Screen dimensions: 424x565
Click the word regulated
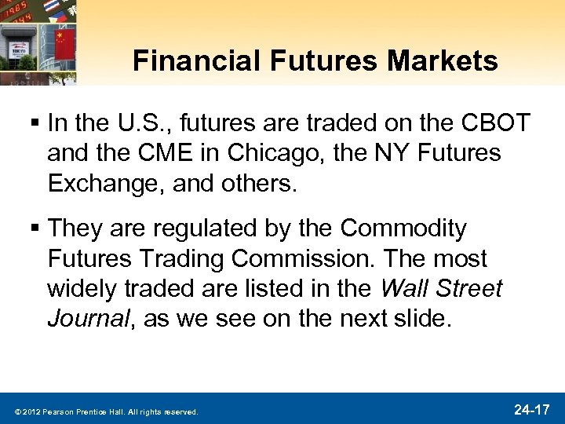(x=194, y=228)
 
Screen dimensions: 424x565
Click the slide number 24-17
(x=534, y=409)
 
